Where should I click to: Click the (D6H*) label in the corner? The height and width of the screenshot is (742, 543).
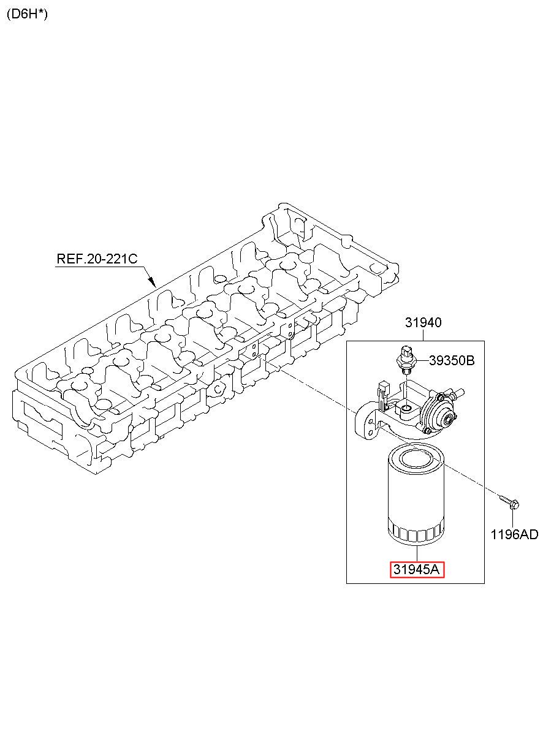(x=27, y=14)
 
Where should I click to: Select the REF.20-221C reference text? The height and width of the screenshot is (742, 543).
(x=97, y=259)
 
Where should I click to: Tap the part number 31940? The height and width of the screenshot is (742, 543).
(x=423, y=322)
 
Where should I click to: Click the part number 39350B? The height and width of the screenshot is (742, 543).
(x=452, y=360)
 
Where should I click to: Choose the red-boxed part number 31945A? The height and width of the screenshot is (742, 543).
(x=417, y=569)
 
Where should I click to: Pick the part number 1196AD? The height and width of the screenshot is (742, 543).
(x=514, y=534)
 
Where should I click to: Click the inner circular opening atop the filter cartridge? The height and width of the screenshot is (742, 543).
(x=416, y=459)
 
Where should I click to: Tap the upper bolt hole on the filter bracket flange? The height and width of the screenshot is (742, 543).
(x=371, y=422)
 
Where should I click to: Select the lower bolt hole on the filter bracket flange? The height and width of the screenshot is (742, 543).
(x=371, y=432)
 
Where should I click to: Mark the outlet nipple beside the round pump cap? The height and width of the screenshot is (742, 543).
(x=458, y=393)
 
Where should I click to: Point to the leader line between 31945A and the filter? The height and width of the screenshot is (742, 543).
(x=417, y=553)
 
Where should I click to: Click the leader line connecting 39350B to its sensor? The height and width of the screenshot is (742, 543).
(x=422, y=360)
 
